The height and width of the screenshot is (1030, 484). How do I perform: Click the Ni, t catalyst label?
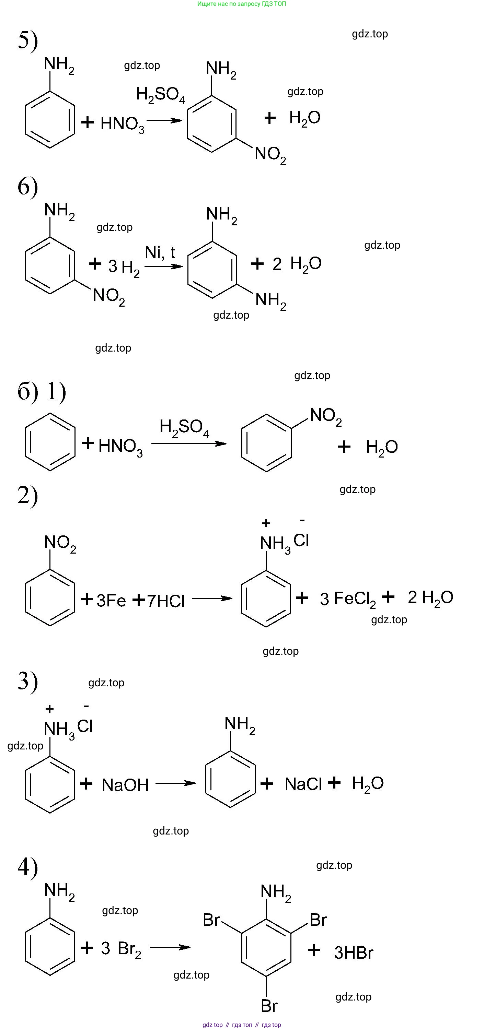click(x=160, y=253)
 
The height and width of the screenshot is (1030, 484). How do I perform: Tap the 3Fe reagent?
click(x=111, y=600)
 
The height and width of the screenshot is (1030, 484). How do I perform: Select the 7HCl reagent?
click(x=165, y=601)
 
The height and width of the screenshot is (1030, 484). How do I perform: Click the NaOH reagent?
click(x=125, y=785)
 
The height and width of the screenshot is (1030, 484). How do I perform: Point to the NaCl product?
click(x=303, y=784)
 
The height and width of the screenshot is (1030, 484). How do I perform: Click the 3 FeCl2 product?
click(x=348, y=599)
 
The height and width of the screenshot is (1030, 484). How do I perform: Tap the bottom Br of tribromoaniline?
click(x=269, y=1006)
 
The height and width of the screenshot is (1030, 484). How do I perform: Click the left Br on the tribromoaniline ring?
click(x=211, y=920)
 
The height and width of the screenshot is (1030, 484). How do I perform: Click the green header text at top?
click(x=242, y=4)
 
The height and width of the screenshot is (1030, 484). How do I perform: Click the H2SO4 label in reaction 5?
click(x=160, y=95)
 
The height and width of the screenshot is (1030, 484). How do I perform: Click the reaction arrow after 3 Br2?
click(x=170, y=947)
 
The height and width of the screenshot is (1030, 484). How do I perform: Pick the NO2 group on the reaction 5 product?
click(x=270, y=154)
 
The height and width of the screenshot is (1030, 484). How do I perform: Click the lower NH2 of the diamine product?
click(x=271, y=300)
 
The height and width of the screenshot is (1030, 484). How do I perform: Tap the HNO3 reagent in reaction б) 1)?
click(x=120, y=446)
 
